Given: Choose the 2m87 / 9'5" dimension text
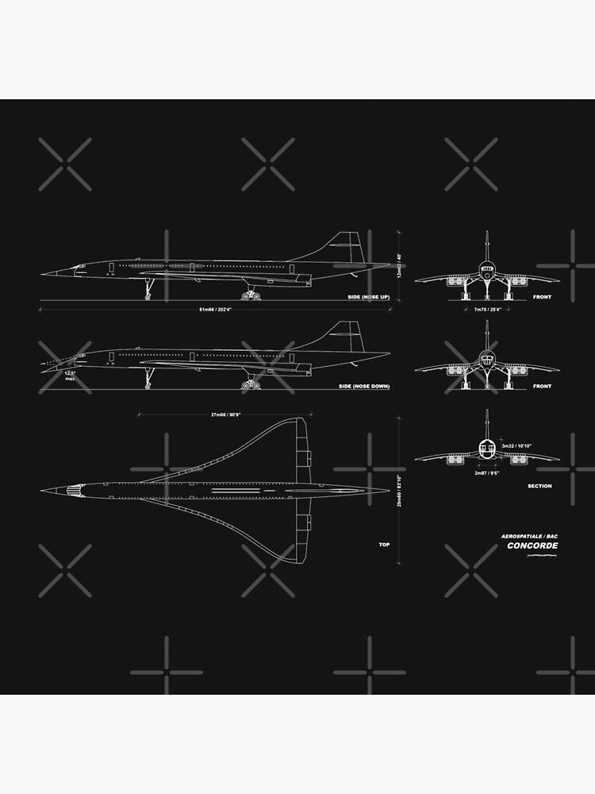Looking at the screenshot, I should pos(486,472).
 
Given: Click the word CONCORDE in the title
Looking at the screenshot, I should pos(532,545).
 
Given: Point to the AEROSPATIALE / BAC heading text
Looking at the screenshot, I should pos(529,536).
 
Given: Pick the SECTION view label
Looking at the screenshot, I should pos(539,486).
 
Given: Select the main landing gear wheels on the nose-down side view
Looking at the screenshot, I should pos(251,385).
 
